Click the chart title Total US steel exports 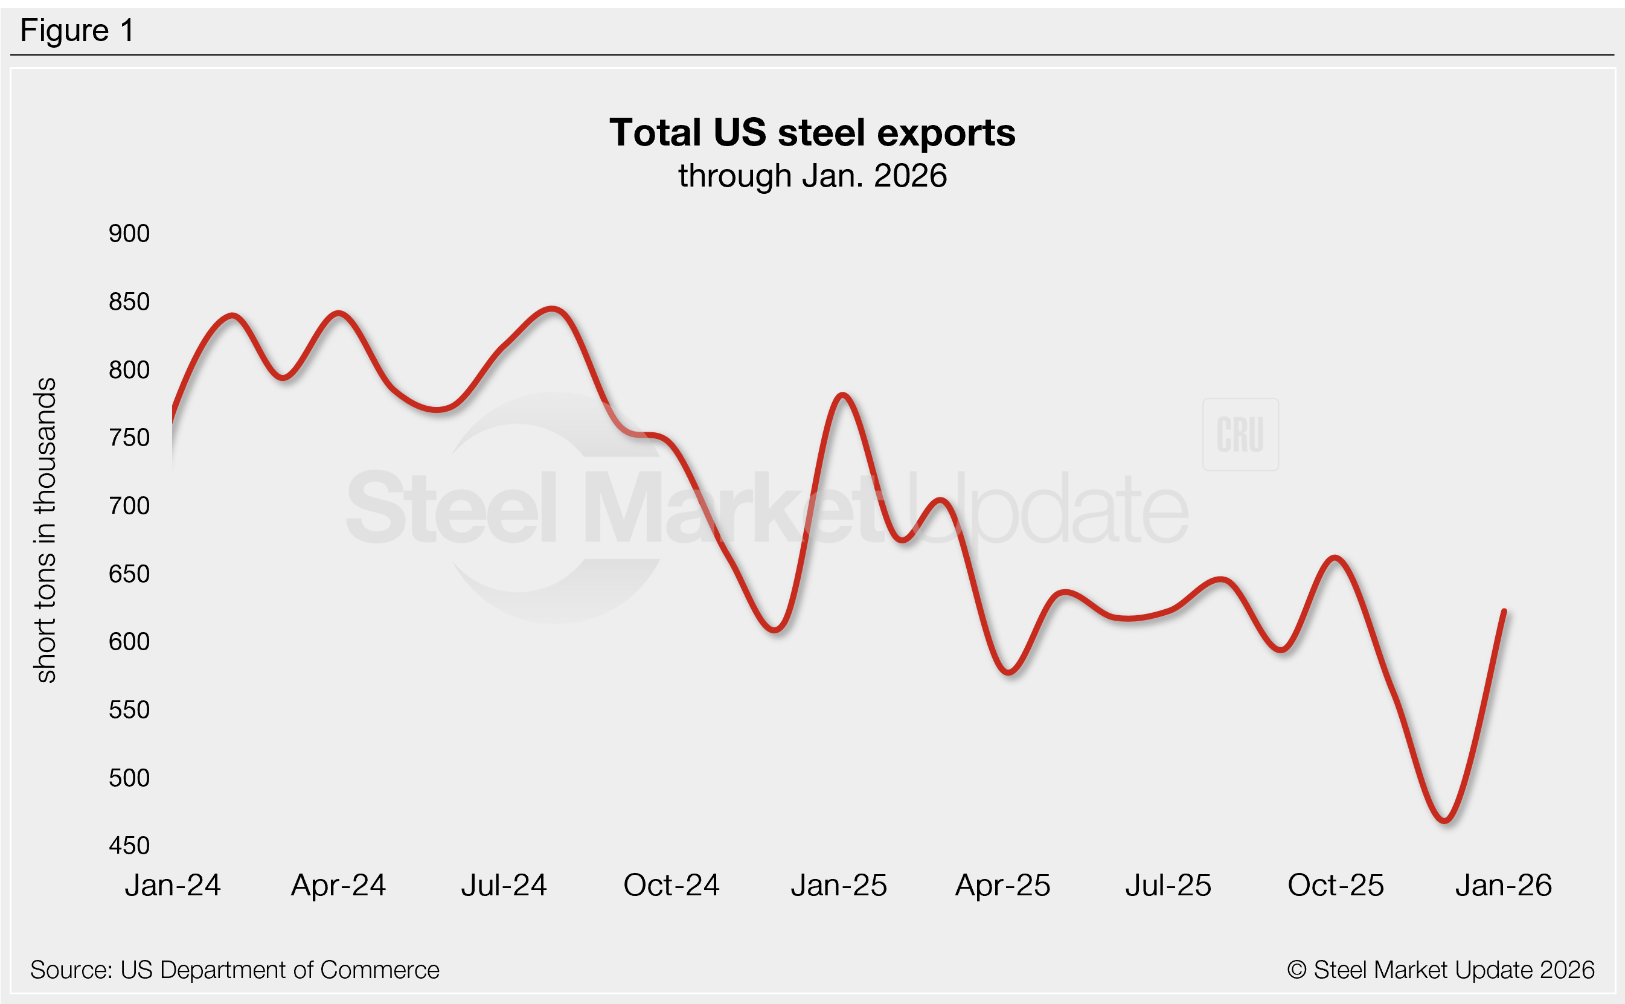812,133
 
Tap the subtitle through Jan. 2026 812,176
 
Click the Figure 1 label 77,31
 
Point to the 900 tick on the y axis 129,234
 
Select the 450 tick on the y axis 129,846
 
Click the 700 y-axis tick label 129,506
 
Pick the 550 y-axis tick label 129,710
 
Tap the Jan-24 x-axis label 173,886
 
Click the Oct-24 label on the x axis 671,886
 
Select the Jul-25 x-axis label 1167,886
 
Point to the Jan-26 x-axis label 1504,886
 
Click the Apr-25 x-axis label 1002,886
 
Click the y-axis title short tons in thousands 45,530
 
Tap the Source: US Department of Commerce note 234,970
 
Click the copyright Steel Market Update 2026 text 1440,970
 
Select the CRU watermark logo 1240,435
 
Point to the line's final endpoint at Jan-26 1504,611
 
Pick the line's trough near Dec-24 775,630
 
